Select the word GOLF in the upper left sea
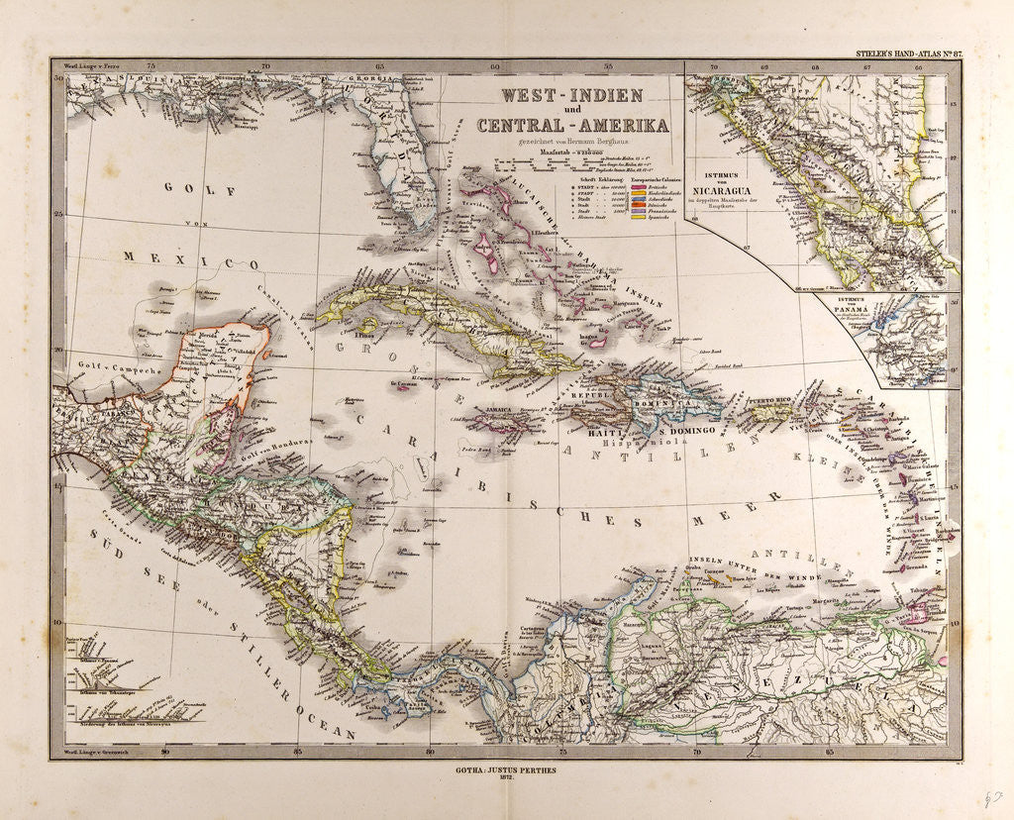[x=187, y=187]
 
